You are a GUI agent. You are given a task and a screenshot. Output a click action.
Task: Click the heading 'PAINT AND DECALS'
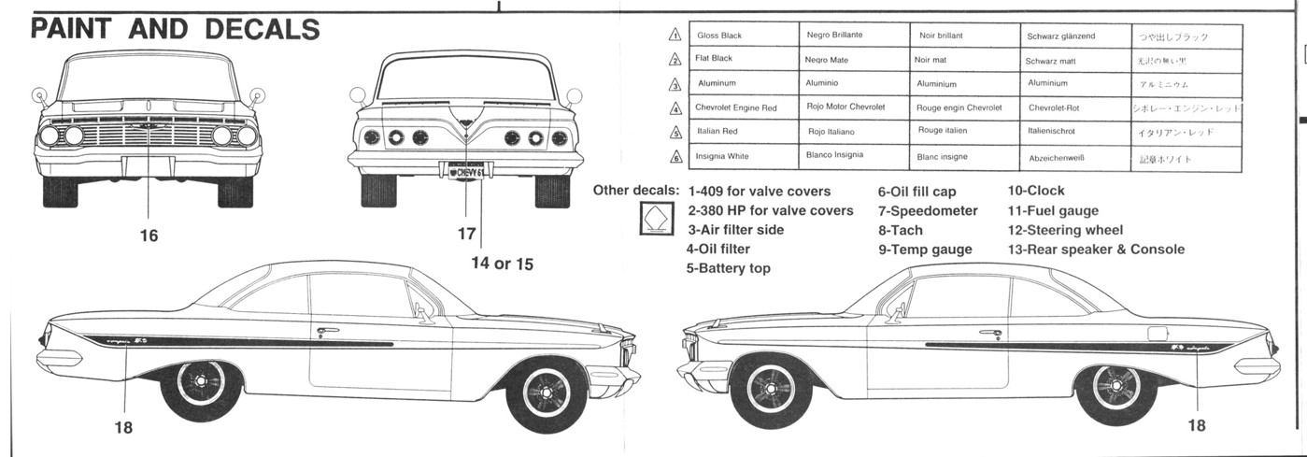[x=176, y=29]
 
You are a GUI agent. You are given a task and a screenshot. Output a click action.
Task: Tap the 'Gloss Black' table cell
[x=719, y=36]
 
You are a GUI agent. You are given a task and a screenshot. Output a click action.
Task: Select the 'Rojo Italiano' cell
[x=831, y=132]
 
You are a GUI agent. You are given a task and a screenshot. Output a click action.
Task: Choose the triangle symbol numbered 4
[x=675, y=108]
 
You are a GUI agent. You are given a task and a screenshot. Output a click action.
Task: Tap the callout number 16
[x=149, y=236]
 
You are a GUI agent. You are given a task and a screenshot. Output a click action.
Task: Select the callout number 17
[x=466, y=234]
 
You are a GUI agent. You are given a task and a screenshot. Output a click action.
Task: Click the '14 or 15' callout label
[x=502, y=264]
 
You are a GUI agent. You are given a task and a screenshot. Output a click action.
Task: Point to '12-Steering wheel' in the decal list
[x=1065, y=230]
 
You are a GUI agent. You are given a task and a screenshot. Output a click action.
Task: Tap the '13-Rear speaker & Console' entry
[x=1095, y=250]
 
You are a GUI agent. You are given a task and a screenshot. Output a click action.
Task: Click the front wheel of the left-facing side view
[x=772, y=385]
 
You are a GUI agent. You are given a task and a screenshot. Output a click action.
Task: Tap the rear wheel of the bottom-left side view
[x=200, y=382]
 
